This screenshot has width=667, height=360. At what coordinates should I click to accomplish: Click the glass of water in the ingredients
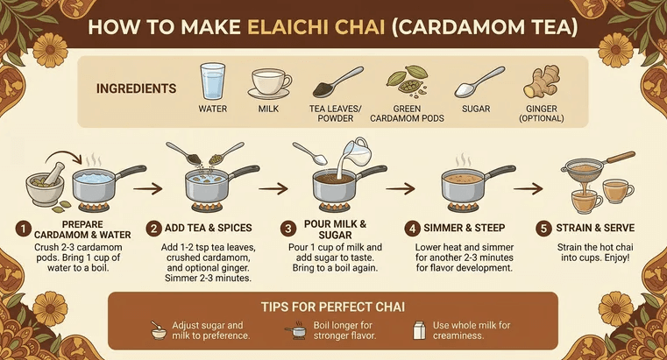click(x=213, y=81)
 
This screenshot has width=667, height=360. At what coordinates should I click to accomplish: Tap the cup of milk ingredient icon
click(x=269, y=82)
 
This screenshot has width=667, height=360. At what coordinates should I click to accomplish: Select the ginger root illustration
click(x=541, y=82)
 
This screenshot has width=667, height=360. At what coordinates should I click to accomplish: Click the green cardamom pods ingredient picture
click(x=407, y=80)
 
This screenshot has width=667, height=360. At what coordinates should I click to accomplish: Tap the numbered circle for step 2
click(x=153, y=229)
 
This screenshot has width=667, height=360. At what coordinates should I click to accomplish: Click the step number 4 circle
click(x=412, y=229)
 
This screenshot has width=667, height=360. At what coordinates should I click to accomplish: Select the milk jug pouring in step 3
click(x=352, y=157)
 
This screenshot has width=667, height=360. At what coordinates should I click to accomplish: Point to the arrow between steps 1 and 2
click(x=147, y=187)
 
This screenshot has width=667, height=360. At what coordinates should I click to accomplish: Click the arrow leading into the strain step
click(x=528, y=187)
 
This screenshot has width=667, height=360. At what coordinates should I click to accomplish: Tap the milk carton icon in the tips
click(x=420, y=330)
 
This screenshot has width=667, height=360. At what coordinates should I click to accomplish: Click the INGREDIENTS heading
click(x=136, y=88)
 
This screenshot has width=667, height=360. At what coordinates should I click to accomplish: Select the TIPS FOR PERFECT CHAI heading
click(x=333, y=307)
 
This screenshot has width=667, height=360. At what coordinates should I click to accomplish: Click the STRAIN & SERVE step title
click(x=595, y=228)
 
